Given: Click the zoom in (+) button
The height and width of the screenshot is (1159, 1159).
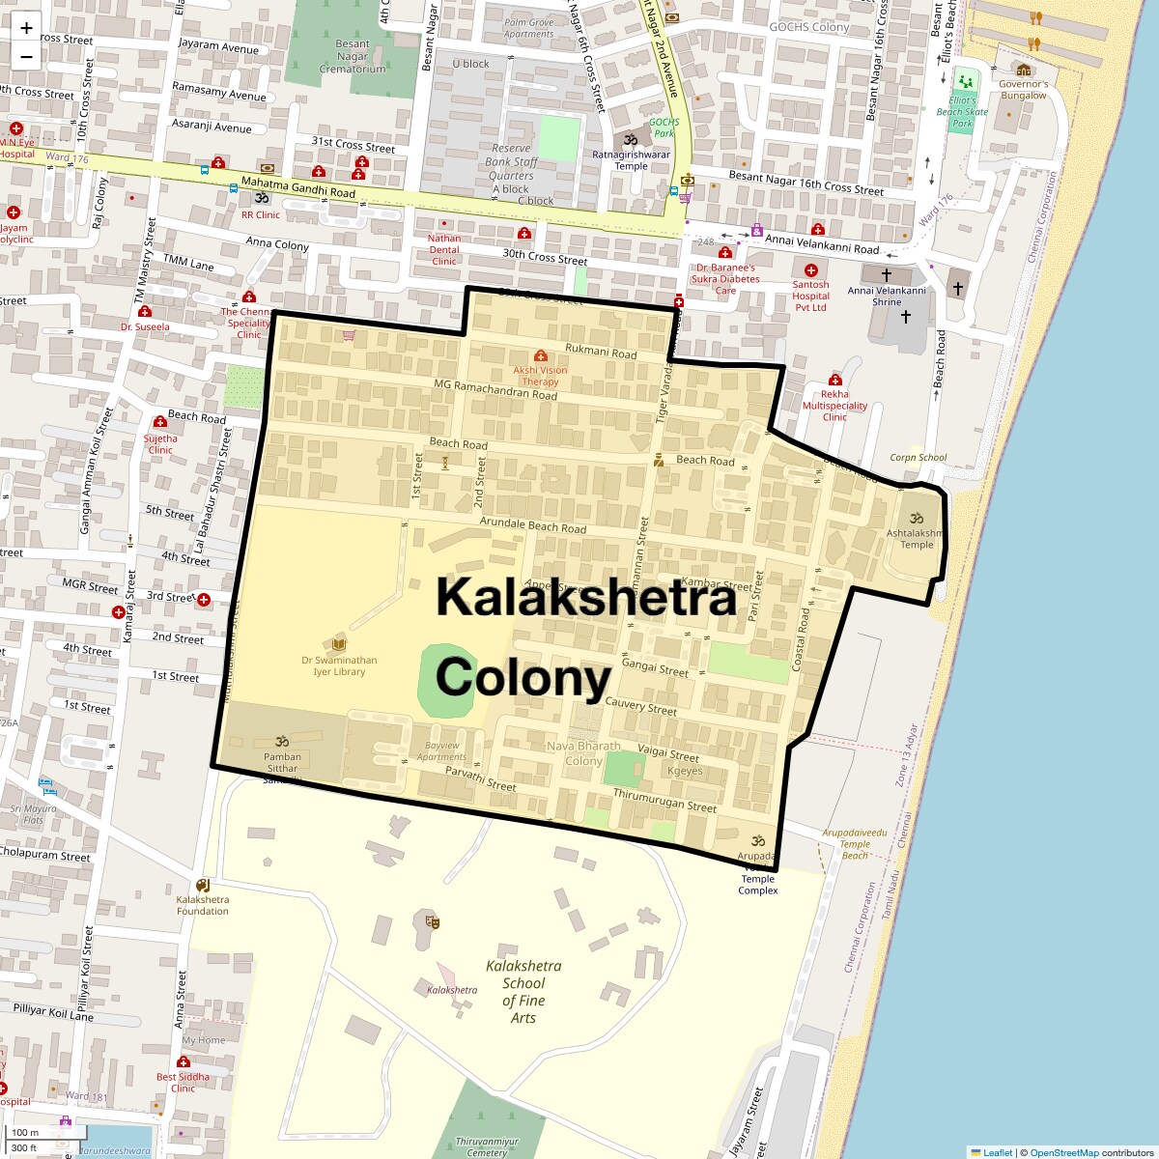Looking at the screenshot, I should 26,28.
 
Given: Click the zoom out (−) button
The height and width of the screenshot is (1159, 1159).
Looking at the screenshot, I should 26,56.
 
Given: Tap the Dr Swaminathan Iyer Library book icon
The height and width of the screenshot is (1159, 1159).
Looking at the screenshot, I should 339,644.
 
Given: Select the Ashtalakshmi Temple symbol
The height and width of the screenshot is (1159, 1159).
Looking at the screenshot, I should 917,519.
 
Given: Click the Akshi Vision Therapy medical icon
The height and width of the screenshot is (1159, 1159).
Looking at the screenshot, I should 541,356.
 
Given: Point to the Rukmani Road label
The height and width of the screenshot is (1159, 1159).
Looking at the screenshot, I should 601,352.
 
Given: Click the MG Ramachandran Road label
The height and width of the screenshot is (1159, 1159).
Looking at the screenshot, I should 495,390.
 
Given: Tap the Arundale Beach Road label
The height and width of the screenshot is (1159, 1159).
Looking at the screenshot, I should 533,526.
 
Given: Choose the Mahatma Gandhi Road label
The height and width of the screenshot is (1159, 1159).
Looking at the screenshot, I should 298,187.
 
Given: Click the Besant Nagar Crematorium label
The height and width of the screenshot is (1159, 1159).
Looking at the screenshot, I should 353,56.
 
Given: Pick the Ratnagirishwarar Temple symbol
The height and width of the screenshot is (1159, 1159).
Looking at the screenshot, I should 632,139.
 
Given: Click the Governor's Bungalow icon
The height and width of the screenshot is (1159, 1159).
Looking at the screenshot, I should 1023,71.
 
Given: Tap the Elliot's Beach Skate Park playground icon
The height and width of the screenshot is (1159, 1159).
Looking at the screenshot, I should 963,82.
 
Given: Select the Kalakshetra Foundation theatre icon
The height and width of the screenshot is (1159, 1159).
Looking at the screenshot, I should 203,885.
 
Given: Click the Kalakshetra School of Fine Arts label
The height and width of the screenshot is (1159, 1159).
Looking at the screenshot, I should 523,991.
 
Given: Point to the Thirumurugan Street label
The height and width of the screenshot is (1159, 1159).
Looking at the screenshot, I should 664,800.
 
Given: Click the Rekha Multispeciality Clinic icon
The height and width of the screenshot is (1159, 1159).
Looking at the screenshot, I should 835,381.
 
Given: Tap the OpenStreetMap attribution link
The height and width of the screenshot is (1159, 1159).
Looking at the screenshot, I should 1063,1152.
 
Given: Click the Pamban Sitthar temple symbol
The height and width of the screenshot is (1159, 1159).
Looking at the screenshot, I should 283,741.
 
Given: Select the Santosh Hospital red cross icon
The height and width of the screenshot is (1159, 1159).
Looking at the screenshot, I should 811,270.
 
